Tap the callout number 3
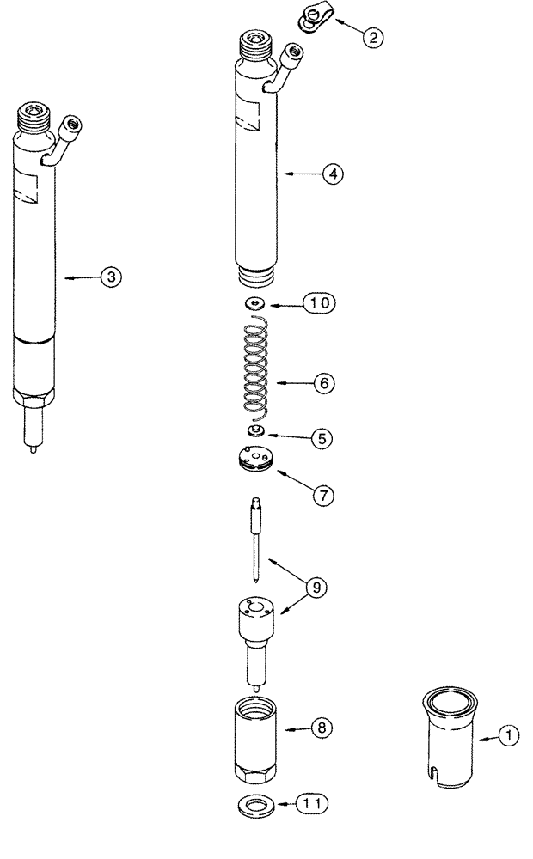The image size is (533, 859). point(111,277)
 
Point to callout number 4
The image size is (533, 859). point(333,174)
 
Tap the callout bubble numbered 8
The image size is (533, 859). point(322,728)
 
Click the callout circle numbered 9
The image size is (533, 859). point(320,588)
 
